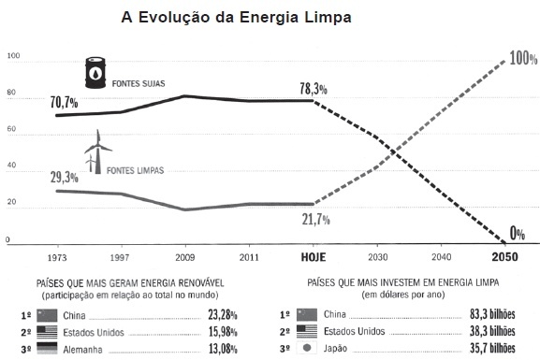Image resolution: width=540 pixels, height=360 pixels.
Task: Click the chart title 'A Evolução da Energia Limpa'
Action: coord(236,17)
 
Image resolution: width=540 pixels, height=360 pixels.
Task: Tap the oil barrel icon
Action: coord(95,73)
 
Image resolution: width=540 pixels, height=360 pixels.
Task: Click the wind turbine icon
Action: coord(98,151)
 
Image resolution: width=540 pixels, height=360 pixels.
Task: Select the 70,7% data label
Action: coord(64,103)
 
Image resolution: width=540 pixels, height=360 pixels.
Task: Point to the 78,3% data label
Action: coord(314,89)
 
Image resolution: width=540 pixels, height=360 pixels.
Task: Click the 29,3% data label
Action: coord(65,178)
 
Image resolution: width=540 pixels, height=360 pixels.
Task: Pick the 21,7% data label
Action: coord(315,219)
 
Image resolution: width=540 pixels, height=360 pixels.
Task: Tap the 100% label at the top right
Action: coord(523,58)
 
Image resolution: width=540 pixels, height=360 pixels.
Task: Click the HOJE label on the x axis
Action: coord(314,257)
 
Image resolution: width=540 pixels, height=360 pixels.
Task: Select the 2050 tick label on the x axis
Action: coord(504,257)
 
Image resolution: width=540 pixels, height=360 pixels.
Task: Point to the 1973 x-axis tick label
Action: coord(57,258)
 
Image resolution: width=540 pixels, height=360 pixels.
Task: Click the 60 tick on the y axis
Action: coord(11,129)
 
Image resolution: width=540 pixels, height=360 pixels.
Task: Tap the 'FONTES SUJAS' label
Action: coord(139,83)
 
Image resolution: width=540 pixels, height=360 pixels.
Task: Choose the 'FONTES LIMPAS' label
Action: coord(136,170)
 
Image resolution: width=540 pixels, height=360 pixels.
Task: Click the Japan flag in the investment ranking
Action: coord(307,348)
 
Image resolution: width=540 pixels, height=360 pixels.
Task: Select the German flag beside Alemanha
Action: coord(47,348)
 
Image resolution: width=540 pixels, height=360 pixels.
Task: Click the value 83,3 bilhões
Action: coord(492,314)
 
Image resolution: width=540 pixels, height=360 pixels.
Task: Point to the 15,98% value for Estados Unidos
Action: coord(223,332)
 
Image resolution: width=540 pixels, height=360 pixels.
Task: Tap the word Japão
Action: coord(335,348)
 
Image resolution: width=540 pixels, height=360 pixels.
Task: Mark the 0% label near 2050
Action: coord(518,234)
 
